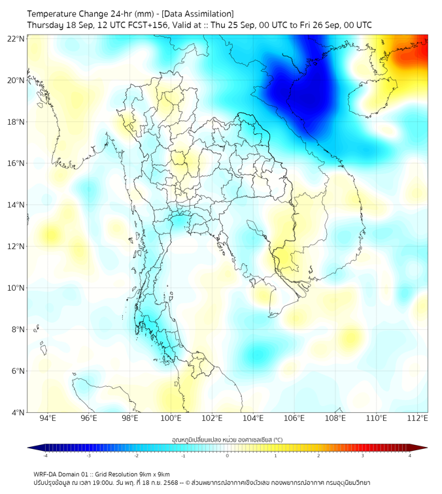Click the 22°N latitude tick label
(16, 39)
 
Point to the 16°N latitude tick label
(16, 163)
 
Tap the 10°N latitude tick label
(16, 288)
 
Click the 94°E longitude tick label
(48, 418)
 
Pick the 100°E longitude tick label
(171, 418)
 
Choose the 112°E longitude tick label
(418, 418)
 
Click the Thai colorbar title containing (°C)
(227, 439)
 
